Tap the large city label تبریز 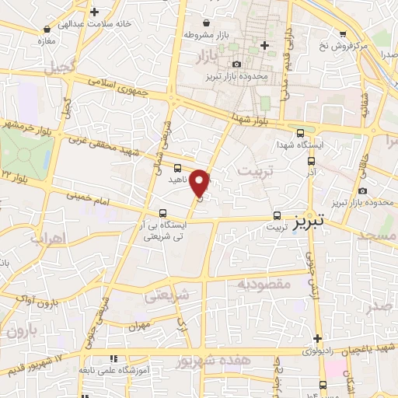click(311, 223)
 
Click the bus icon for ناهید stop click(178, 167)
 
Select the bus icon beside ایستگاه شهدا click(301, 134)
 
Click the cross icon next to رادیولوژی click(317, 338)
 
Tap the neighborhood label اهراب click(45, 238)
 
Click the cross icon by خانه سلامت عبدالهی click(94, 12)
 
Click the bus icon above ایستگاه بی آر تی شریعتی click(162, 212)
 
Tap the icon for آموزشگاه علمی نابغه click(113, 360)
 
